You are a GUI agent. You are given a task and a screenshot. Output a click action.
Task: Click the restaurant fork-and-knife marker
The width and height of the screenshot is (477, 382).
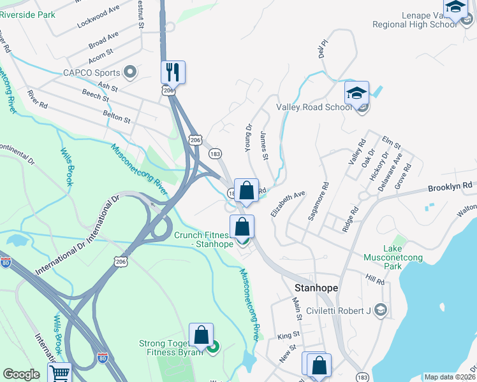[x=173, y=72]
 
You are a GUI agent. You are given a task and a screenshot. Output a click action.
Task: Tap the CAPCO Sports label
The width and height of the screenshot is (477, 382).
[x=91, y=73]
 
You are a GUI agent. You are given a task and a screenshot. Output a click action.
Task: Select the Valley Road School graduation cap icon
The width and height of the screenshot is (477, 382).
[x=356, y=93]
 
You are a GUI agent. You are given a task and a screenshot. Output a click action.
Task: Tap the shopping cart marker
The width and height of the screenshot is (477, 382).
[x=59, y=373]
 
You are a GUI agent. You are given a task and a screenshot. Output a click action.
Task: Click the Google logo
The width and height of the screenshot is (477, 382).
[x=21, y=374]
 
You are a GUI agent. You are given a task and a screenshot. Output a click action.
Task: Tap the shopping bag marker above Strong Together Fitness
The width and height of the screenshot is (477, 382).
[x=201, y=334]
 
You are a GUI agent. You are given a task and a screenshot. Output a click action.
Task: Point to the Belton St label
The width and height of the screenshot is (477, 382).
[x=116, y=119]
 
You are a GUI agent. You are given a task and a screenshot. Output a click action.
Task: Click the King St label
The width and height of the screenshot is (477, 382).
[x=288, y=335]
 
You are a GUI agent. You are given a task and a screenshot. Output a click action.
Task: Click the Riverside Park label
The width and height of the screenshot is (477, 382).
[x=27, y=12]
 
